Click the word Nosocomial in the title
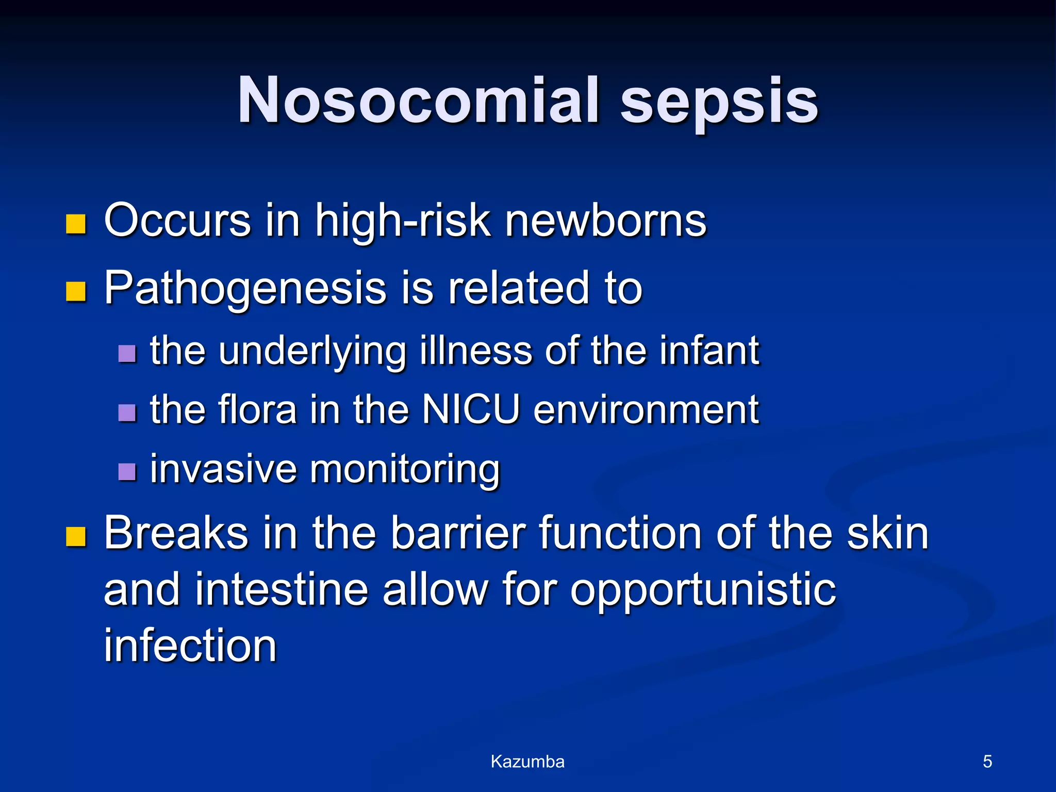coord(418,101)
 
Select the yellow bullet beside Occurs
coord(76,224)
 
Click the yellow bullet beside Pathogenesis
coord(76,291)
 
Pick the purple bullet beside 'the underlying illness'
coord(127,354)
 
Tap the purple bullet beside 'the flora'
coord(127,412)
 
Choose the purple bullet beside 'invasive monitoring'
coord(127,471)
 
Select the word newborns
coord(605,221)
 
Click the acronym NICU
coord(470,410)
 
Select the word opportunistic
coord(703,591)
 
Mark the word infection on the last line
coord(190,646)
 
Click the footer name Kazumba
coord(527,762)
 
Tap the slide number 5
coord(987,762)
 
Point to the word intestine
coord(281,590)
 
